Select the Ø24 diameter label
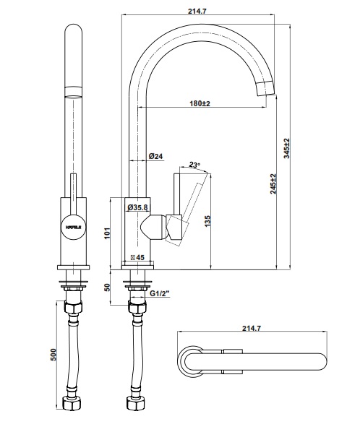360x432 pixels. [154, 156]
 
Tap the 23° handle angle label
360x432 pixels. [193, 164]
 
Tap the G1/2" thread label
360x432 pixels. [160, 294]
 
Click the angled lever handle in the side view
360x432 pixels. [189, 205]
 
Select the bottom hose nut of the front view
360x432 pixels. [73, 402]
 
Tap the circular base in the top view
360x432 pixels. [193, 361]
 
